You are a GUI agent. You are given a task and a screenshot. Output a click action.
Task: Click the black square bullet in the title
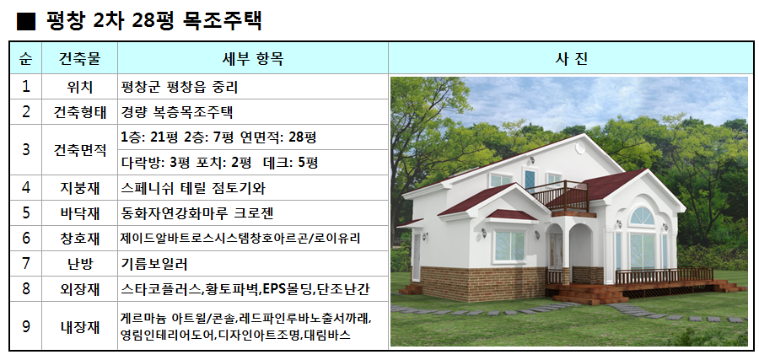(25, 22)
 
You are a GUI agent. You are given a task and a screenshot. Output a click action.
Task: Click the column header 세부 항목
(253, 58)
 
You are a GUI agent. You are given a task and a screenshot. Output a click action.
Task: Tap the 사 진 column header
(571, 58)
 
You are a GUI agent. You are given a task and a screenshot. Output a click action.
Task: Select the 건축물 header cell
(79, 58)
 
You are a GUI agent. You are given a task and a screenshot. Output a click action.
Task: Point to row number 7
(25, 264)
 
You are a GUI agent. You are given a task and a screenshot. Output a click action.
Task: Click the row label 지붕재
(79, 188)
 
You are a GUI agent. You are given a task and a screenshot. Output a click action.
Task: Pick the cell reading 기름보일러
(154, 264)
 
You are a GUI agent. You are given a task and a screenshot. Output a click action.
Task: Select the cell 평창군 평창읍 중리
(179, 87)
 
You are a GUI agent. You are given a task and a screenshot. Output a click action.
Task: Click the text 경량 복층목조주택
(177, 112)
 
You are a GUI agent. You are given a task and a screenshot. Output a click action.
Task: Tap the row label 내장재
(79, 326)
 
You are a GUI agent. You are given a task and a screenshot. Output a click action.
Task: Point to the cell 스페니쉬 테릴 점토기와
(193, 188)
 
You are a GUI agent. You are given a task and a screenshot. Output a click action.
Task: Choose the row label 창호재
(79, 239)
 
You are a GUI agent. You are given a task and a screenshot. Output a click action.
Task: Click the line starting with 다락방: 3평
(219, 163)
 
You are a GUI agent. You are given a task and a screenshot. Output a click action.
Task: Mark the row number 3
(25, 150)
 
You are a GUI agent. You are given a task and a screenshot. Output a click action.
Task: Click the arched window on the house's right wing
(642, 216)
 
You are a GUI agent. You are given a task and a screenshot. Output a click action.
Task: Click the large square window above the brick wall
(509, 246)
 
